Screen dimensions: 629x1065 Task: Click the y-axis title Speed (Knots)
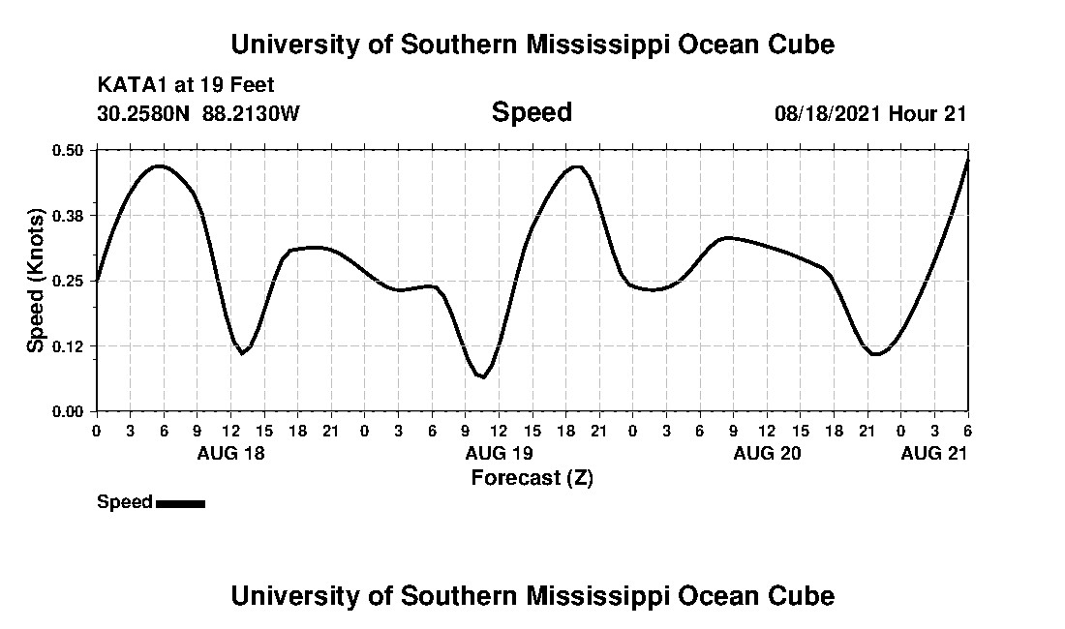(x=36, y=281)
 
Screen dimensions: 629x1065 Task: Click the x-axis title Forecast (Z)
(x=532, y=477)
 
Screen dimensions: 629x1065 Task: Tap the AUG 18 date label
(x=231, y=454)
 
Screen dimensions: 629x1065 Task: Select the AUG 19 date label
(x=499, y=454)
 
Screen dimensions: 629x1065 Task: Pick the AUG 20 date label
(x=767, y=454)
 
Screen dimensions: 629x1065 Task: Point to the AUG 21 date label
(x=934, y=454)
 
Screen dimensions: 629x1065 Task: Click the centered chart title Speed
(x=532, y=112)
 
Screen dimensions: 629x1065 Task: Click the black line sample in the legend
(x=180, y=503)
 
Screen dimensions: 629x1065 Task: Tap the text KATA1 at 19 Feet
(x=186, y=85)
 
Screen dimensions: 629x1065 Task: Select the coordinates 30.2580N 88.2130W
(x=198, y=113)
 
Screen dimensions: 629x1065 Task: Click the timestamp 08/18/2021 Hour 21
(x=870, y=113)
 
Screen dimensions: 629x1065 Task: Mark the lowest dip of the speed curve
(x=482, y=376)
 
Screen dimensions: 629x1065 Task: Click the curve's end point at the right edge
(x=968, y=160)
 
